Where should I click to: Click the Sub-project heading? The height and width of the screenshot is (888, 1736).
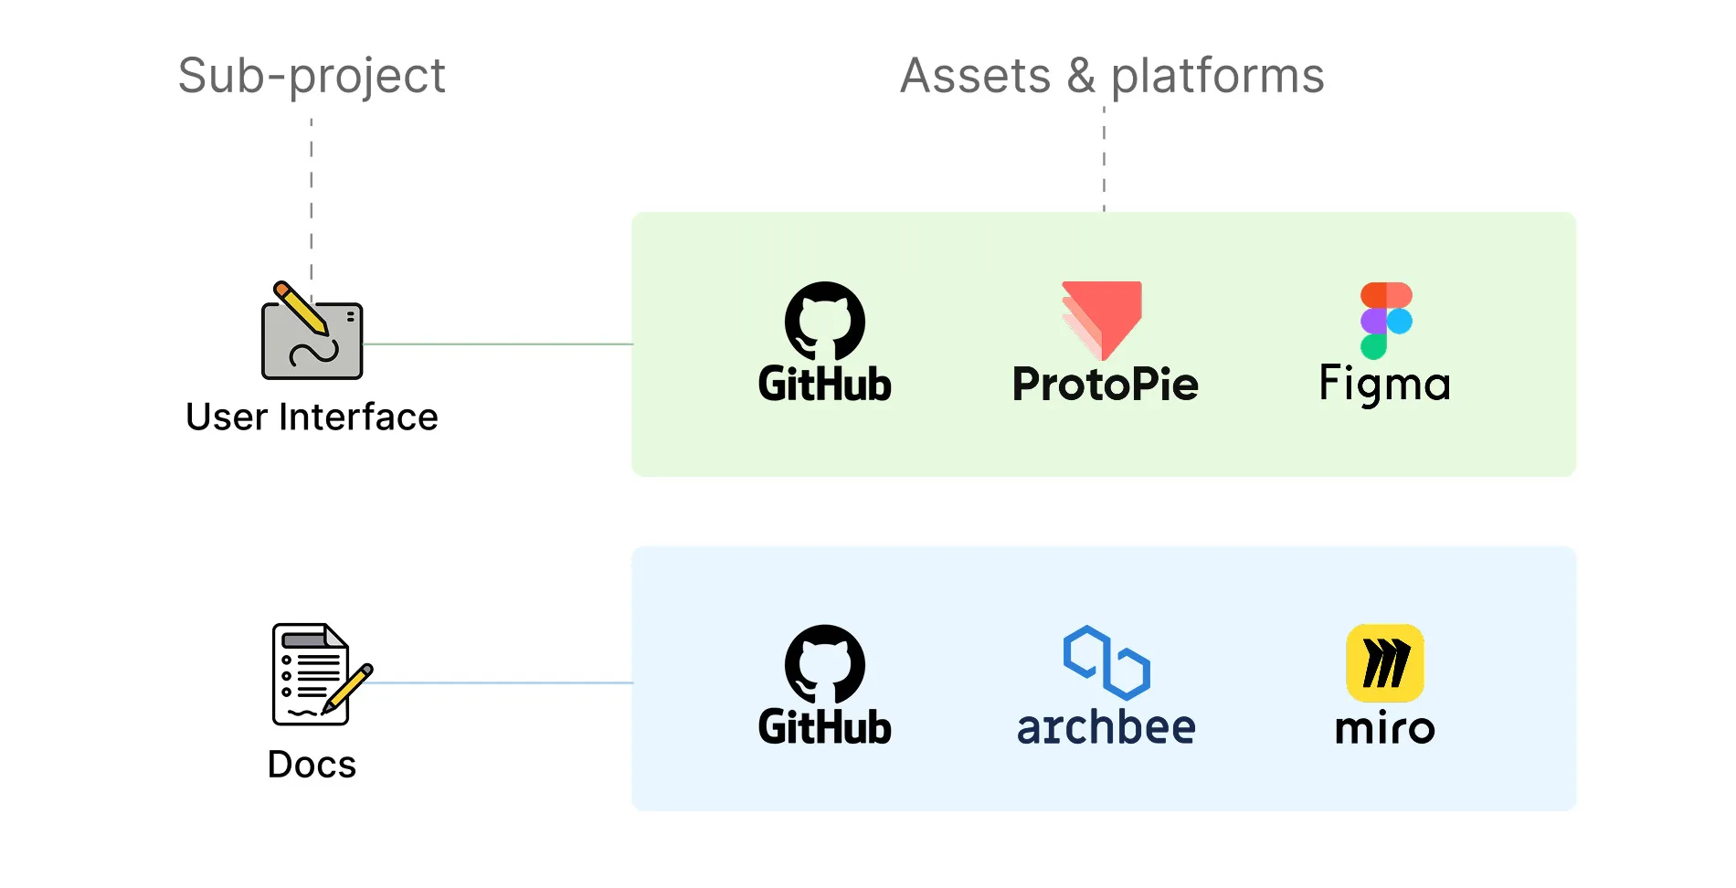point(312,77)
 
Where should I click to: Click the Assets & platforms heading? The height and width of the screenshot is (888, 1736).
point(1112,76)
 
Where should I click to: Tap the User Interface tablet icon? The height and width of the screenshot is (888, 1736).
point(312,331)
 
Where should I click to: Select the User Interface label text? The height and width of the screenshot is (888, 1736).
point(312,417)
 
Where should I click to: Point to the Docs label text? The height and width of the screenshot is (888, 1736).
point(312,764)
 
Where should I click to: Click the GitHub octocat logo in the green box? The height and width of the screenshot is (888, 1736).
point(825,321)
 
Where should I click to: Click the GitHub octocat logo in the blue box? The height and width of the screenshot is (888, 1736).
point(825,664)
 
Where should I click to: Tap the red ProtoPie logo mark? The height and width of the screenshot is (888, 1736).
point(1103,320)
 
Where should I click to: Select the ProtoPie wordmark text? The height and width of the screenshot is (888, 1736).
point(1106,384)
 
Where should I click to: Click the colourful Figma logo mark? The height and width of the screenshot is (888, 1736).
point(1386,321)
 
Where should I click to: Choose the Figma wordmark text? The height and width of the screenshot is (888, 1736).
point(1385,384)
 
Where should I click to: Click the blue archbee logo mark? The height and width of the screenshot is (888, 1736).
point(1106,662)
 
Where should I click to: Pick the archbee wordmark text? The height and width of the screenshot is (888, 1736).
point(1106,727)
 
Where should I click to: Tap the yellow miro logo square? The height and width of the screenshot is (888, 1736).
point(1385,663)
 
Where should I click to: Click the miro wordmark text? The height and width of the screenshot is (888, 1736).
point(1385,728)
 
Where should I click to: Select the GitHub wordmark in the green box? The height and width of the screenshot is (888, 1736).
point(825,384)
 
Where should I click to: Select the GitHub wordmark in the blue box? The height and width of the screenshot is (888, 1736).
point(825,727)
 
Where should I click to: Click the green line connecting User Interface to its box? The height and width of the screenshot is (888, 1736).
point(498,344)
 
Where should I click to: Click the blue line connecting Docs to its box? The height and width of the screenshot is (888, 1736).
point(502,682)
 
